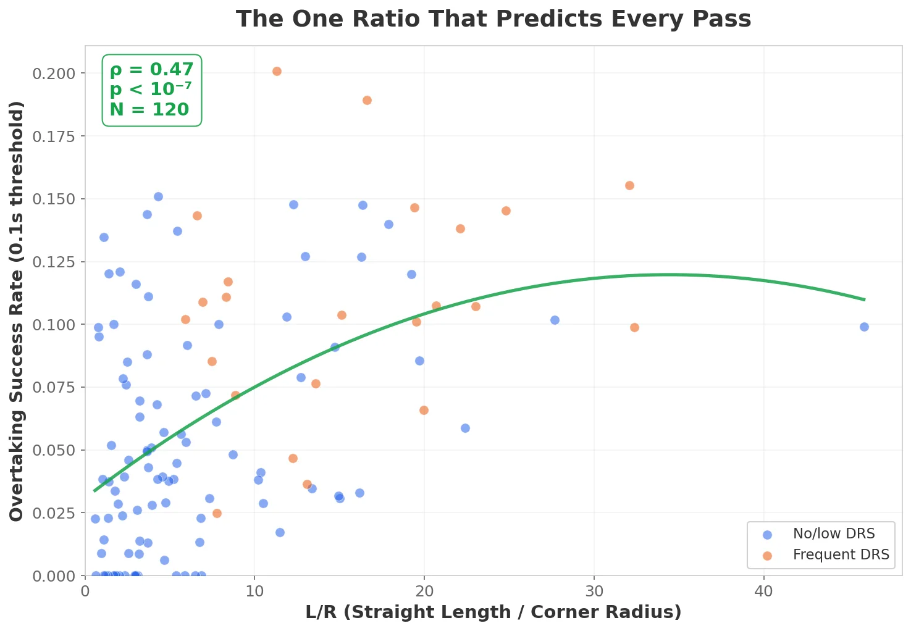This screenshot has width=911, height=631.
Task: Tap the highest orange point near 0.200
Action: click(x=277, y=71)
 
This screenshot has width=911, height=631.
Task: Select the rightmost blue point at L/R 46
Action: click(x=864, y=327)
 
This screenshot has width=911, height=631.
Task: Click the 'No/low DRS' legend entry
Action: click(x=834, y=534)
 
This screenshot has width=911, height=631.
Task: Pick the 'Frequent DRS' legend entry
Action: click(x=841, y=555)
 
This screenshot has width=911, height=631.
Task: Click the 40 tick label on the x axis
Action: click(x=764, y=591)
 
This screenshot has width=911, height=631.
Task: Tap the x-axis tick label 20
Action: click(x=424, y=591)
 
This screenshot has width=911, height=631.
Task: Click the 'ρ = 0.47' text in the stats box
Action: click(x=151, y=70)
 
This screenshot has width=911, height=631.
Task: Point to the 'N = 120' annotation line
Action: click(x=149, y=110)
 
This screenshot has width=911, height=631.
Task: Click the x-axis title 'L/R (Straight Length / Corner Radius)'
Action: click(x=493, y=612)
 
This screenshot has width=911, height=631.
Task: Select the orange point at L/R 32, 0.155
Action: click(x=629, y=185)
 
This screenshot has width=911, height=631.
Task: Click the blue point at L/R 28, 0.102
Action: click(x=555, y=320)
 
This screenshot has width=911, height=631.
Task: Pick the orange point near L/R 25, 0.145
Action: click(x=506, y=211)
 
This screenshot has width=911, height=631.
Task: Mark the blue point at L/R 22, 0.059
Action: click(x=465, y=428)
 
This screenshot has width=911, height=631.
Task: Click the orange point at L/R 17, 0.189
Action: click(x=367, y=100)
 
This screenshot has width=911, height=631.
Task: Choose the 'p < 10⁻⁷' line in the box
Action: click(x=151, y=90)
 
